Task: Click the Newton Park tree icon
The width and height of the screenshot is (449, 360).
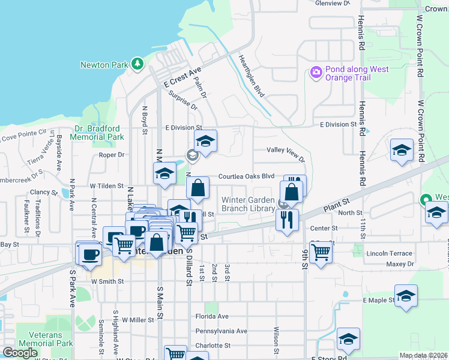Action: [x=138, y=62]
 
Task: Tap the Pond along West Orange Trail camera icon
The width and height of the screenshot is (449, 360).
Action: [x=316, y=73]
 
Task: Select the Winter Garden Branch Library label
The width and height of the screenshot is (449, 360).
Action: [x=249, y=204]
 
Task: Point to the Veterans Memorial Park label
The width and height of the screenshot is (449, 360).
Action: [x=44, y=339]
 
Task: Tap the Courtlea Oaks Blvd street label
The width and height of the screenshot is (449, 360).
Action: [x=246, y=176]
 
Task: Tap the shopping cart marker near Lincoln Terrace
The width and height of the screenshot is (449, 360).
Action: [x=321, y=250]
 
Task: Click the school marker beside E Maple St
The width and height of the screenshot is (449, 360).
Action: [x=406, y=295]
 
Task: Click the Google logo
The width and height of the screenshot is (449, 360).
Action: [x=20, y=353]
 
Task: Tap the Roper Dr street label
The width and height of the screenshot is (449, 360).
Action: [x=112, y=154]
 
